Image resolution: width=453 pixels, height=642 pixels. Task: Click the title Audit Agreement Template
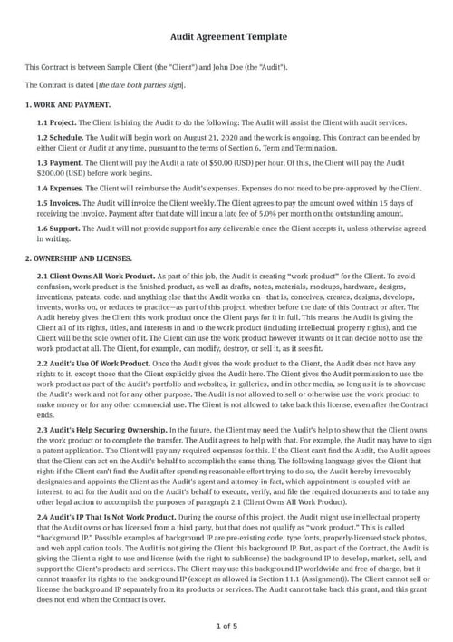pos(228,37)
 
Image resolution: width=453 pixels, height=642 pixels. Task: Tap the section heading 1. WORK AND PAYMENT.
pos(68,105)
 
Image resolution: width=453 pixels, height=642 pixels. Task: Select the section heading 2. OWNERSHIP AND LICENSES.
pos(80,259)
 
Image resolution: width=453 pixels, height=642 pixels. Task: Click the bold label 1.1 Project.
pos(56,122)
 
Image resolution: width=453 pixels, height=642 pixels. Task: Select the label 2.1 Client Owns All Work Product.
pos(95,275)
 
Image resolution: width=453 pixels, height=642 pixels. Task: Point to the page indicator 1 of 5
pos(226,626)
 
